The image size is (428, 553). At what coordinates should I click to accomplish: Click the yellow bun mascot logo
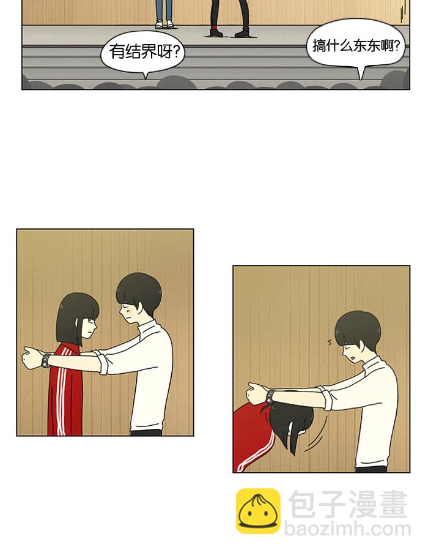coord(258,511)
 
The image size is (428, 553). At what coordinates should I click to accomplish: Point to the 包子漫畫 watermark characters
coord(347,504)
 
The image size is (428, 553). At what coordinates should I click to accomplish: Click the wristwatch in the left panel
coord(46,360)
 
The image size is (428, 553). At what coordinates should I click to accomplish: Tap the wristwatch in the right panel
coord(270,395)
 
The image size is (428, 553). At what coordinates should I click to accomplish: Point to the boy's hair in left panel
coord(139,289)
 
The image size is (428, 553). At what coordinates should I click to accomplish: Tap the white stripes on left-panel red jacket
coord(60,398)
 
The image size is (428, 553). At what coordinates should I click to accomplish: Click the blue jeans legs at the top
coord(163,9)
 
